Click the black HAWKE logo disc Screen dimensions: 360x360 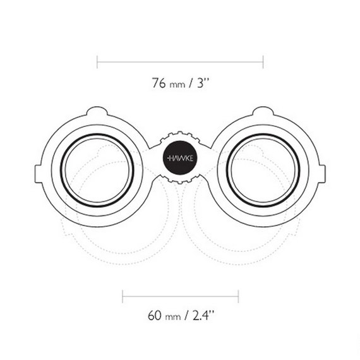pos(180,158)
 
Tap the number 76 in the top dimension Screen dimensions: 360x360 pos(159,83)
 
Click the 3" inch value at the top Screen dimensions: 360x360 pos(203,83)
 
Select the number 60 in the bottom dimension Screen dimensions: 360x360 pos(155,315)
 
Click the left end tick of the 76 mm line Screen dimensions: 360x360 pos(97,62)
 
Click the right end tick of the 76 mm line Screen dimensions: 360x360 pos(263,62)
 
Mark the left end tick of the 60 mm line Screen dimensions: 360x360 pos(123,296)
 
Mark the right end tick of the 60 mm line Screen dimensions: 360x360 pos(239,296)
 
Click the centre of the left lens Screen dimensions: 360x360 pos(97,171)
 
